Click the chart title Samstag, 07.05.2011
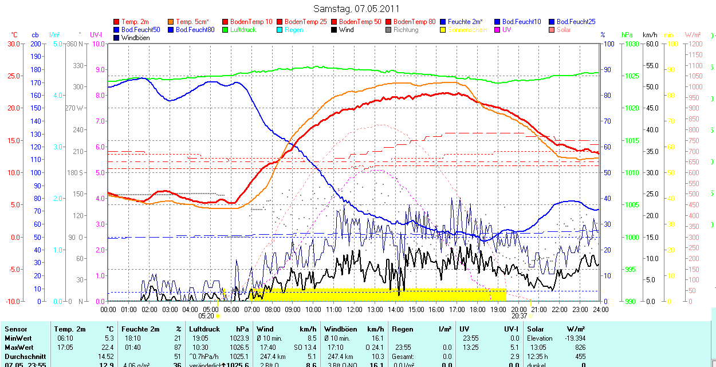pos(356,9)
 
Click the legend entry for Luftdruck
pos(242,30)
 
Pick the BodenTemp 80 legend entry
pos(415,22)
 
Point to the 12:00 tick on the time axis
pos(354,310)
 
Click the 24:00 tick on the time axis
pos(600,310)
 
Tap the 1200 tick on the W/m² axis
pos(694,44)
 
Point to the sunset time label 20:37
pos(519,315)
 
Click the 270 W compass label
pos(75,108)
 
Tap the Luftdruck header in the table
pos(204,329)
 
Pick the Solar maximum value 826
pos(580,348)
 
